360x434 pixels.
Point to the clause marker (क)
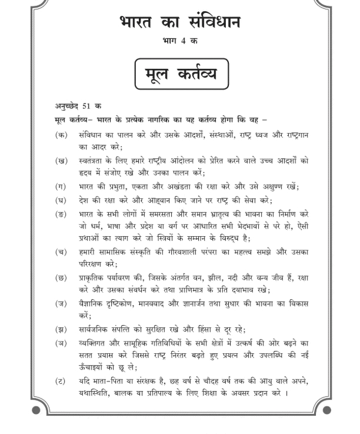point(61,135)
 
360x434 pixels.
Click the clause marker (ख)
point(61,160)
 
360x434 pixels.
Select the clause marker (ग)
point(61,186)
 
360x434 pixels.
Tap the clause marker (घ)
point(61,199)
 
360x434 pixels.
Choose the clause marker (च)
point(61,251)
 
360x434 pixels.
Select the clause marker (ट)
point(61,381)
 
